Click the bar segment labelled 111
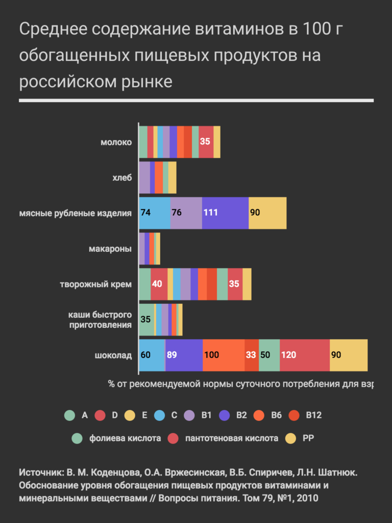click(x=225, y=212)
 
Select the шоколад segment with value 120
click(x=304, y=355)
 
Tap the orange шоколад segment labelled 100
click(x=223, y=355)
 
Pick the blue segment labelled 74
click(x=154, y=212)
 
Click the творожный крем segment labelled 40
click(x=159, y=283)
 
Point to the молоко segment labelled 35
click(x=206, y=141)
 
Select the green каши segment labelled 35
click(x=146, y=320)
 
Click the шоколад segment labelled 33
click(x=251, y=355)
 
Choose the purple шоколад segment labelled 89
click(x=184, y=355)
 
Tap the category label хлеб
click(x=122, y=178)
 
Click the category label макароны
click(x=110, y=249)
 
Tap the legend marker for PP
click(x=290, y=438)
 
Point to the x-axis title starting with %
click(x=240, y=384)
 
